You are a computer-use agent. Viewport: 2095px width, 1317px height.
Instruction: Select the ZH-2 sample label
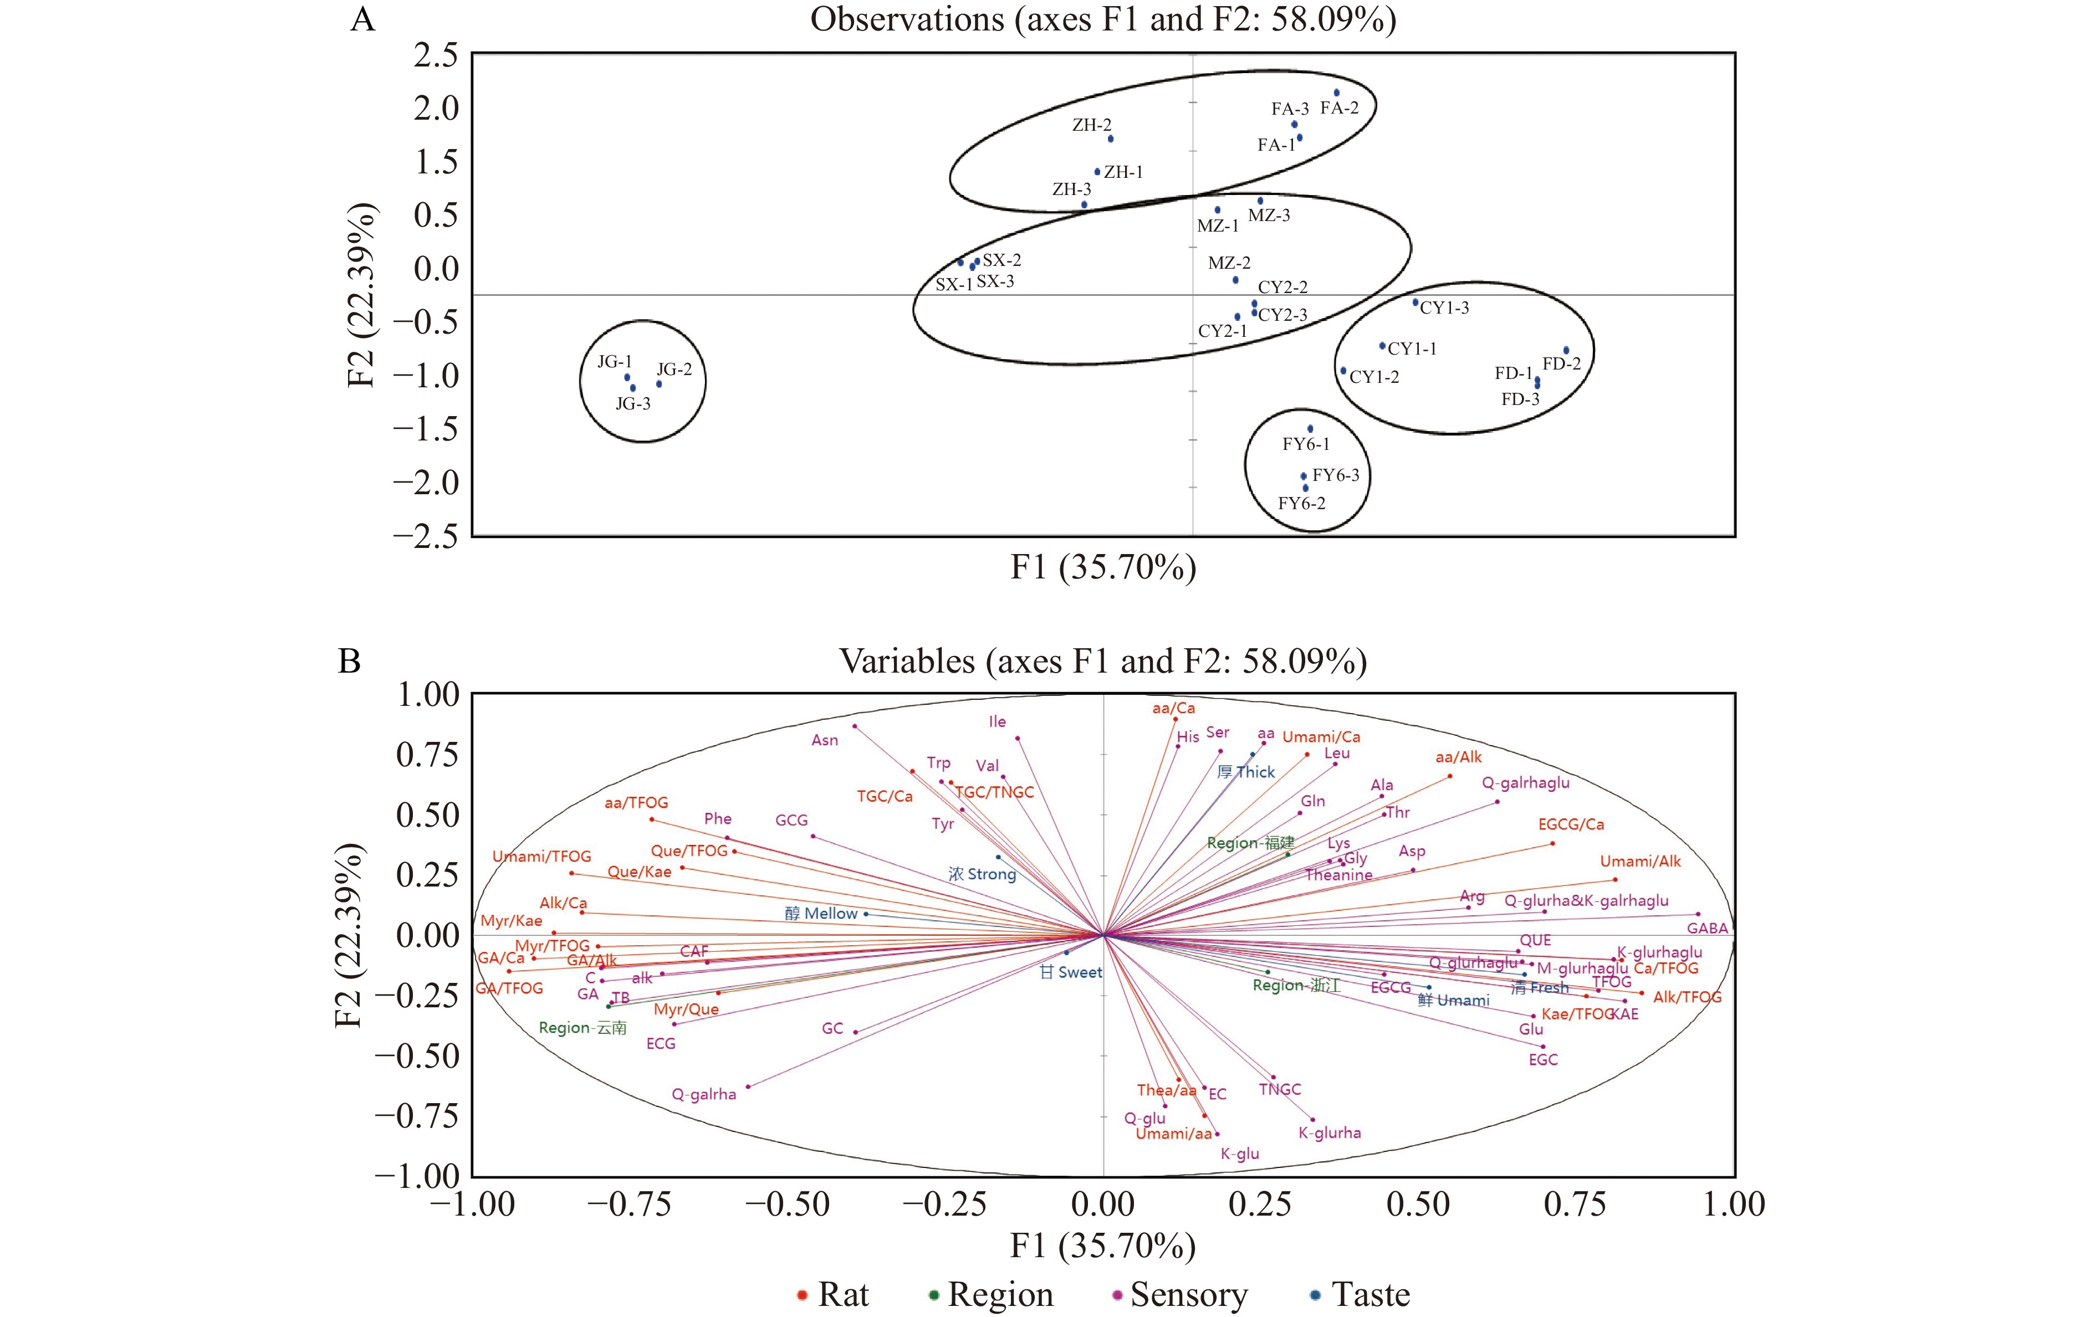pyautogui.click(x=1091, y=125)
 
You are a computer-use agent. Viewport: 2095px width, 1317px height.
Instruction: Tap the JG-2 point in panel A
pyautogui.click(x=658, y=383)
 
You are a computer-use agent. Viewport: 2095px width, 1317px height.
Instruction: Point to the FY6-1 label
pyautogui.click(x=1306, y=444)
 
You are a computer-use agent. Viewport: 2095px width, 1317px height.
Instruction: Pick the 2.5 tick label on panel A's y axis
pyautogui.click(x=436, y=55)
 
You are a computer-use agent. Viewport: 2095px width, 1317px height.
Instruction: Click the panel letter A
pyautogui.click(x=363, y=19)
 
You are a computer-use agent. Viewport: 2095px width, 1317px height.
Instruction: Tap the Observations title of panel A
pyautogui.click(x=1102, y=19)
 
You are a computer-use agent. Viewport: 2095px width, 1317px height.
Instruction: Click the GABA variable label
pyautogui.click(x=1707, y=928)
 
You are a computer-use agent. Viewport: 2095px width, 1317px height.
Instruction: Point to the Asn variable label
pyautogui.click(x=825, y=740)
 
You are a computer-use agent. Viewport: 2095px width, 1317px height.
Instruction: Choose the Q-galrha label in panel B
pyautogui.click(x=704, y=1094)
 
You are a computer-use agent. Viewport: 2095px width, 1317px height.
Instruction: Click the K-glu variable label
pyautogui.click(x=1240, y=1154)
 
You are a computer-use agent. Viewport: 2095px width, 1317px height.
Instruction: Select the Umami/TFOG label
pyautogui.click(x=541, y=857)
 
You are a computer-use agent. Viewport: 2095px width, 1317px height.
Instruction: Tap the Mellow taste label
pyautogui.click(x=821, y=914)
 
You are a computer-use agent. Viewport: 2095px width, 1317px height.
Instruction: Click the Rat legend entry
pyautogui.click(x=834, y=1294)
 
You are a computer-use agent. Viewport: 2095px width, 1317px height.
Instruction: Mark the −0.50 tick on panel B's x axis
pyautogui.click(x=788, y=1204)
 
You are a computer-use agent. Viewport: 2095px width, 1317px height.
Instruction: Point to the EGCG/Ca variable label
pyautogui.click(x=1570, y=824)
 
